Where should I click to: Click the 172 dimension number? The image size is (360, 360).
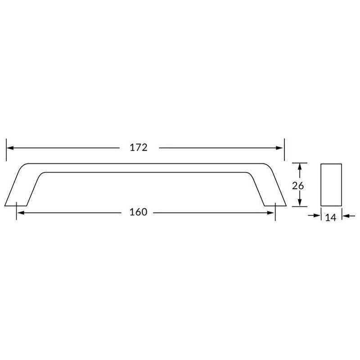click(139, 148)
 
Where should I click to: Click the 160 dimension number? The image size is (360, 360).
click(139, 212)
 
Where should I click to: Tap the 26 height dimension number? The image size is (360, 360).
click(298, 186)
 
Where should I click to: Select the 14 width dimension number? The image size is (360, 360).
click(331, 217)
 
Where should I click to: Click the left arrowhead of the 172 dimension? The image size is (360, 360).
click(10, 148)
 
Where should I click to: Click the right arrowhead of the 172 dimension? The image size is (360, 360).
click(279, 148)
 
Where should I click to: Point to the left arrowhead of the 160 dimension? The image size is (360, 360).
click(21, 213)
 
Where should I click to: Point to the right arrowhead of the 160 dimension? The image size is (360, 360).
click(270, 213)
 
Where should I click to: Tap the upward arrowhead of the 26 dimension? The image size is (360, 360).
click(299, 166)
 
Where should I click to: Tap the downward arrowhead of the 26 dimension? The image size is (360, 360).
click(299, 202)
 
